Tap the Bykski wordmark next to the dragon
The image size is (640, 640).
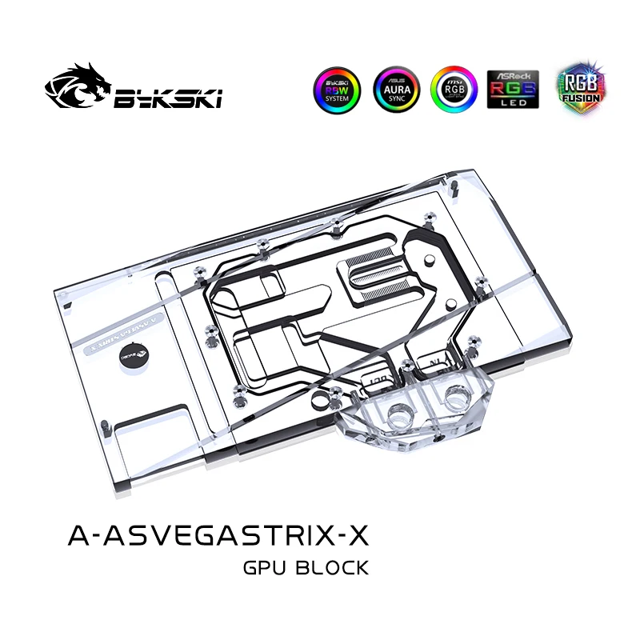point(169,98)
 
